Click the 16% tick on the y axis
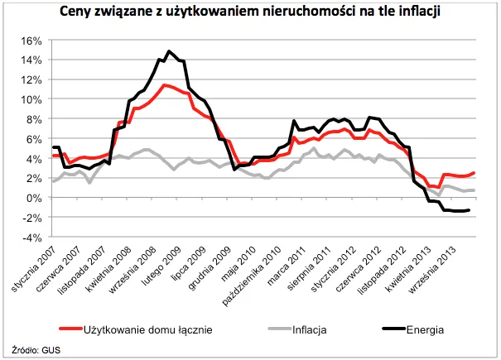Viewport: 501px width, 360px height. [x=31, y=40]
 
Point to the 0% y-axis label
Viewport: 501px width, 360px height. [x=33, y=198]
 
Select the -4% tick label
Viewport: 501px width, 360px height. [x=31, y=238]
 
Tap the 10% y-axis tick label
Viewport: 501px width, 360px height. [x=31, y=99]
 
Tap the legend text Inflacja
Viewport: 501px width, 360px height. [x=309, y=329]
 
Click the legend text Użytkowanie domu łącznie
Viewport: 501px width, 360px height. [x=148, y=329]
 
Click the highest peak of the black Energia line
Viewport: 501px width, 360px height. [x=169, y=51]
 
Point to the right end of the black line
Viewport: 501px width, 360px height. [x=470, y=210]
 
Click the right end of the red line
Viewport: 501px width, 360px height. [x=474, y=173]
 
